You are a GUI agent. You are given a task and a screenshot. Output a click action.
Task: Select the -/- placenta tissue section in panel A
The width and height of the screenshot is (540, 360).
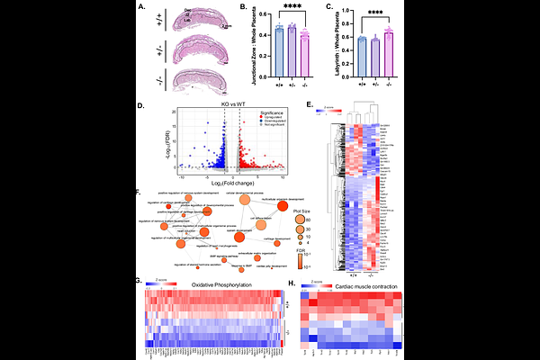[x=203, y=83]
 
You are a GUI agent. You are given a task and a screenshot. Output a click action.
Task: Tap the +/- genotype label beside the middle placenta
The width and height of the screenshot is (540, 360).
[x=161, y=51]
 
